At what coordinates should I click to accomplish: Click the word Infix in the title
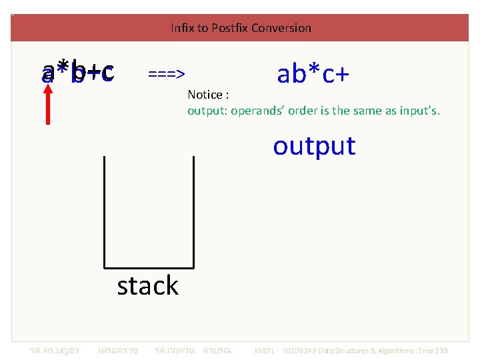pyautogui.click(x=181, y=28)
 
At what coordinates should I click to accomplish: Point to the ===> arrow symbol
pyautogui.click(x=167, y=73)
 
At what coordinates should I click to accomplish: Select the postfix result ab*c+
pyautogui.click(x=313, y=74)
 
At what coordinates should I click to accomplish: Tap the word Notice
pyautogui.click(x=204, y=95)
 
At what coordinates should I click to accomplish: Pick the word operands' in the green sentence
pyautogui.click(x=254, y=111)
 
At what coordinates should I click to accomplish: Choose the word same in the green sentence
pyautogui.click(x=365, y=111)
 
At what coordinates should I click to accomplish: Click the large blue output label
pyautogui.click(x=314, y=145)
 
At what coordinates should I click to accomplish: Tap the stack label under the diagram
pyautogui.click(x=147, y=285)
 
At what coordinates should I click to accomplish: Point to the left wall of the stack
pyautogui.click(x=104, y=210)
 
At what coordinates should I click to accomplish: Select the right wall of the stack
pyautogui.click(x=193, y=210)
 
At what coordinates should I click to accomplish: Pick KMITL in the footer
pyautogui.click(x=265, y=351)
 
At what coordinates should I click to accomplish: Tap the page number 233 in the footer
pyautogui.click(x=441, y=351)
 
